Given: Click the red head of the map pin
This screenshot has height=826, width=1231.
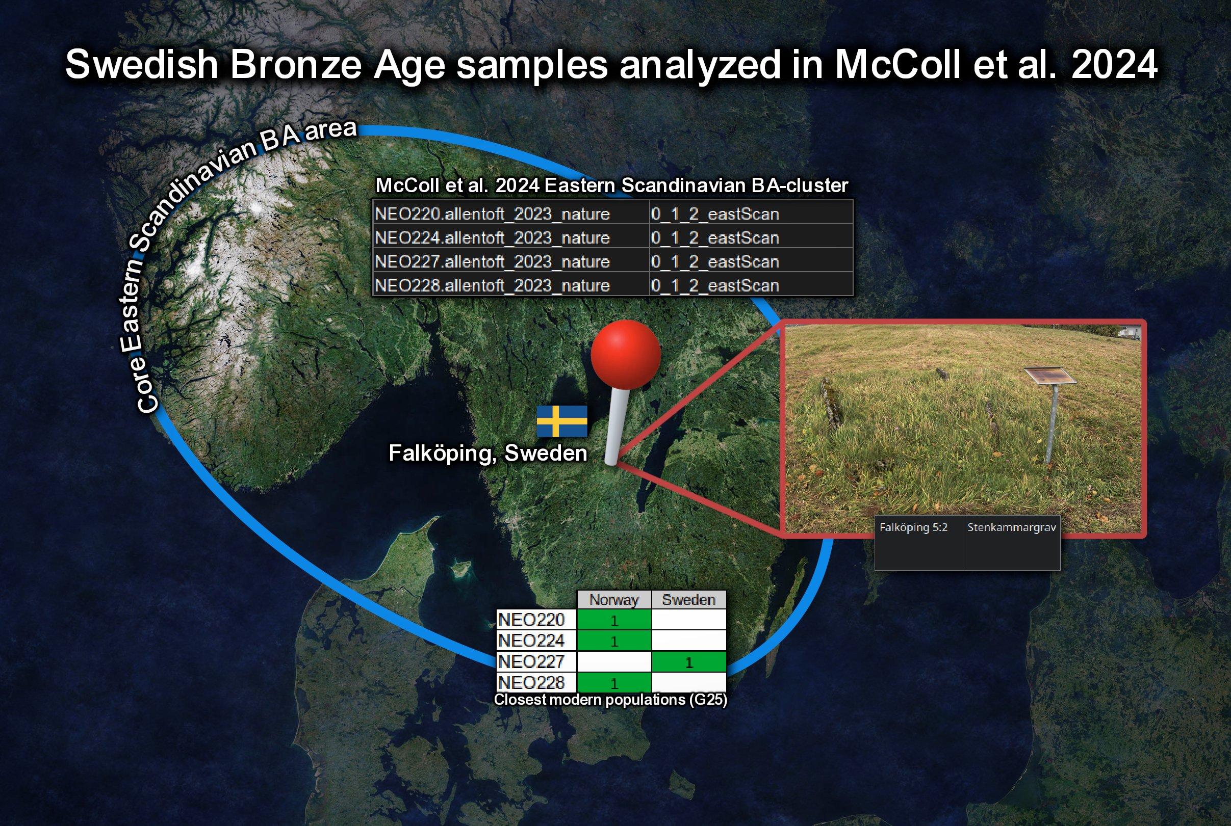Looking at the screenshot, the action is [x=626, y=355].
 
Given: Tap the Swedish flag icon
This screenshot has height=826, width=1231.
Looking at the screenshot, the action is [x=562, y=421].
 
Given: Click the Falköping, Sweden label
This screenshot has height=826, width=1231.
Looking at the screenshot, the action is [x=488, y=453].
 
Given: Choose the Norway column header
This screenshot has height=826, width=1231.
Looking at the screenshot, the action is [x=614, y=599].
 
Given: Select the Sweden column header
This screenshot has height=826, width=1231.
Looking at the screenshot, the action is [x=689, y=599].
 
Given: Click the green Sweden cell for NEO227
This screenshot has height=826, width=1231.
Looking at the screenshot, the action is [x=689, y=661].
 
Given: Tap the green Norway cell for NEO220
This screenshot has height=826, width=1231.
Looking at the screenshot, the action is [x=614, y=620].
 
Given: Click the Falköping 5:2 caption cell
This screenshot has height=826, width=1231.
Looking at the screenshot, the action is [x=919, y=543].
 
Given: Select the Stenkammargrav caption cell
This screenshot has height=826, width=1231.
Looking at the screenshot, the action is [x=1012, y=543].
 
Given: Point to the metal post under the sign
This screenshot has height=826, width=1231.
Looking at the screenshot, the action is [x=1050, y=424].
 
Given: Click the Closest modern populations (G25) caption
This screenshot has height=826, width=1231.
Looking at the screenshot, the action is [x=610, y=700].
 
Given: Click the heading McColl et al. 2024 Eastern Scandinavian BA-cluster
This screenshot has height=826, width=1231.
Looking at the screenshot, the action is [x=611, y=185].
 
